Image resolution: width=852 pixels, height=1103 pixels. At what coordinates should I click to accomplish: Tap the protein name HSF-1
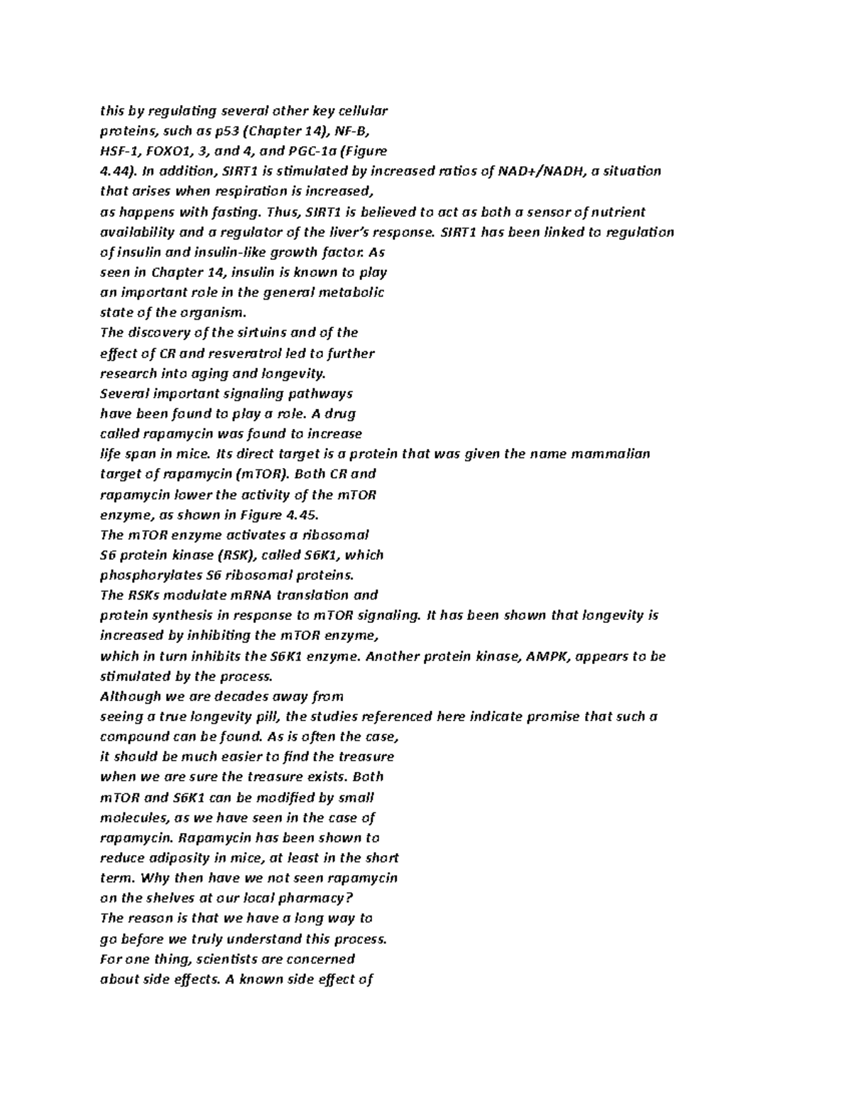pyautogui.click(x=118, y=151)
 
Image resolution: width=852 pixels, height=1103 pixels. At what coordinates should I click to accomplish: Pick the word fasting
pyautogui.click(x=234, y=212)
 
